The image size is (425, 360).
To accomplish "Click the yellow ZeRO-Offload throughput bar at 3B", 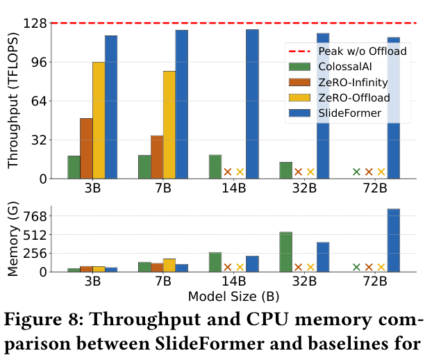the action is [x=99, y=120].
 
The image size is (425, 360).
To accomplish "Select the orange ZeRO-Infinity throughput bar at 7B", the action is [x=157, y=157].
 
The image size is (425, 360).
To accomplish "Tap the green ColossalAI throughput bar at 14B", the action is [x=215, y=167].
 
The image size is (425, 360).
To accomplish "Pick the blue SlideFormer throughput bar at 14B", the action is [x=252, y=104].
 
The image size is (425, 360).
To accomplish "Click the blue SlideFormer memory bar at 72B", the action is [x=394, y=240].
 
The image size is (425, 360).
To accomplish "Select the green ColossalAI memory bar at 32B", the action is [x=286, y=252].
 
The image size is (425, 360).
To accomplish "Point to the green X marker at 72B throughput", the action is [x=356, y=172].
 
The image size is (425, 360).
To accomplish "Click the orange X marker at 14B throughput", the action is [x=228, y=172].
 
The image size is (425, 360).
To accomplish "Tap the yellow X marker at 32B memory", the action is [x=310, y=267].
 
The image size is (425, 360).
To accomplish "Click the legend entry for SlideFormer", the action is [x=335, y=113].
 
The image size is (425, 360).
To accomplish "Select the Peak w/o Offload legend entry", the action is [x=348, y=51].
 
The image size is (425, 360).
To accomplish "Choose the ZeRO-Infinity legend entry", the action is [x=338, y=82].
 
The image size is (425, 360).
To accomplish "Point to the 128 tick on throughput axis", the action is [x=35, y=24].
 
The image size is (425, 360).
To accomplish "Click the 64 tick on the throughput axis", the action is [x=40, y=101].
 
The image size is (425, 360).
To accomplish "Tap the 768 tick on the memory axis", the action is [x=35, y=217].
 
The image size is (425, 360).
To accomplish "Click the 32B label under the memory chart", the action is [x=304, y=281].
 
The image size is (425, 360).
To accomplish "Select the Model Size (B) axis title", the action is [x=233, y=296].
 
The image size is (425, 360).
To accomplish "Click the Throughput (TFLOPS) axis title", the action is [x=12, y=101].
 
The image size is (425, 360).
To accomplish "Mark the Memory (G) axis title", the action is [x=12, y=239].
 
